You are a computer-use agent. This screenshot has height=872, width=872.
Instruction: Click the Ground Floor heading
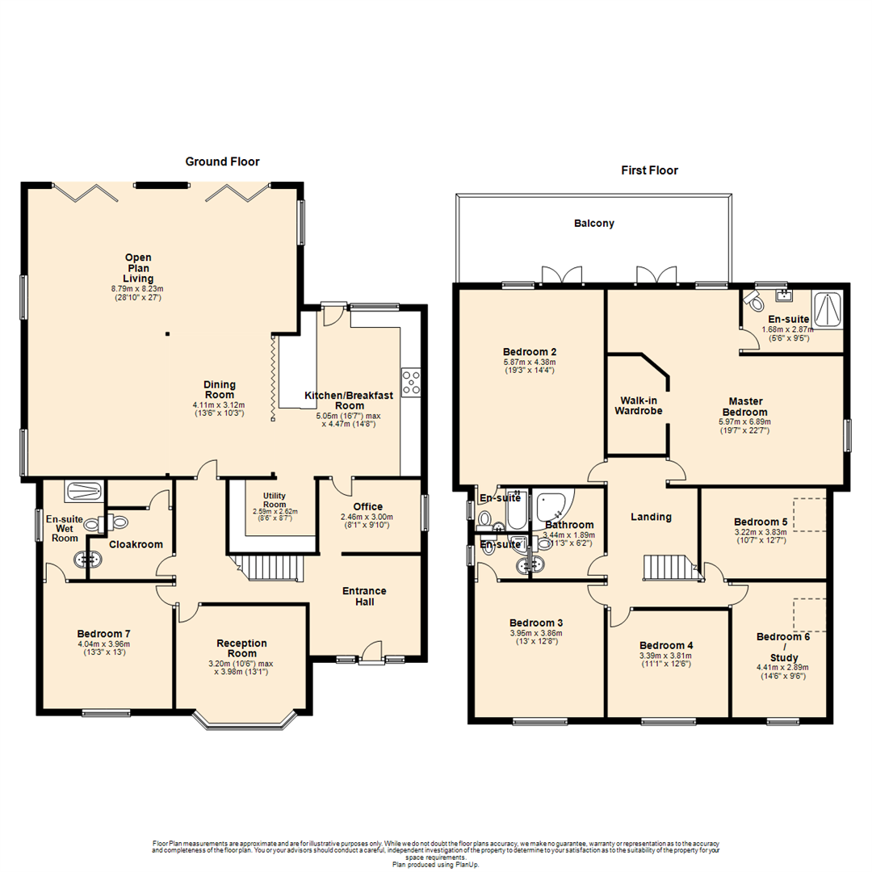222,161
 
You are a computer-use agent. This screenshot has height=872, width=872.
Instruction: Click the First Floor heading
649,170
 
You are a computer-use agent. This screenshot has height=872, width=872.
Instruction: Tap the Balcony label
593,224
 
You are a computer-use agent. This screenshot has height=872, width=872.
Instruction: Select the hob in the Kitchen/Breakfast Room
411,382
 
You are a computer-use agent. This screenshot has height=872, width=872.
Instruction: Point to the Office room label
368,506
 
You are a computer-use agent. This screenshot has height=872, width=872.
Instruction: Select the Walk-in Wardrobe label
641,405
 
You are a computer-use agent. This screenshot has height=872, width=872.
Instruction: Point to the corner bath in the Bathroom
555,505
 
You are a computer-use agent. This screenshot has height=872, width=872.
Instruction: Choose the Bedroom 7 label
103,633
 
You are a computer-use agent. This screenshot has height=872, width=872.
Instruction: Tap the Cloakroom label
131,544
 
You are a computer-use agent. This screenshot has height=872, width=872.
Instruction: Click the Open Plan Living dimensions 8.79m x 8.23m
137,288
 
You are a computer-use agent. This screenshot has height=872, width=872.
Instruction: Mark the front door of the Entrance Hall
371,651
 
